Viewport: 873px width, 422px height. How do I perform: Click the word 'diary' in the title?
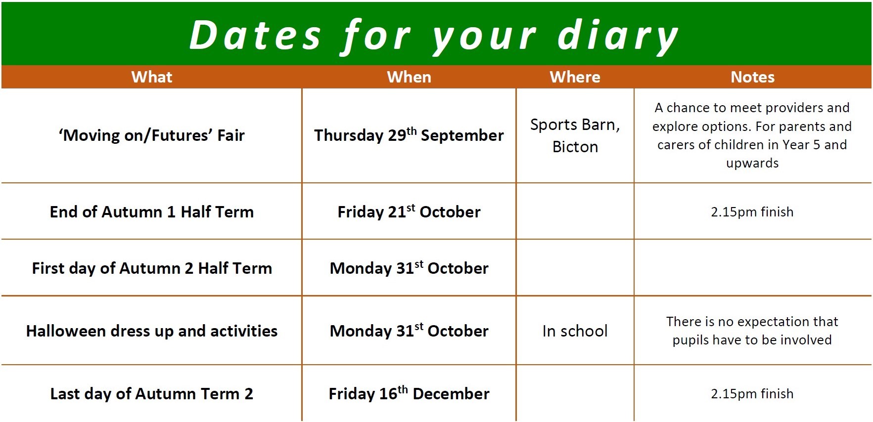tap(618, 36)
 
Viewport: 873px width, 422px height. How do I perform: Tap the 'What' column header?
tap(152, 77)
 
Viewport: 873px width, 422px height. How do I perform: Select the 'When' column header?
tap(409, 77)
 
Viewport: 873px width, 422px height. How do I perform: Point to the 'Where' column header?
tap(575, 77)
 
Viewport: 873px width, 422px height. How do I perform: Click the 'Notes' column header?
tap(752, 77)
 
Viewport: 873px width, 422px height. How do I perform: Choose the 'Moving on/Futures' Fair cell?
tap(152, 135)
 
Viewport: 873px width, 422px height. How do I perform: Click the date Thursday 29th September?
tap(409, 135)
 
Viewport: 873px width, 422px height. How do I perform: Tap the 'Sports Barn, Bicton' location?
tap(575, 135)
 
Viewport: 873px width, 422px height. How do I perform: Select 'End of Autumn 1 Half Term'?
tap(152, 212)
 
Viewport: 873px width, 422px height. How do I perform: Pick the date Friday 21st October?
tap(409, 211)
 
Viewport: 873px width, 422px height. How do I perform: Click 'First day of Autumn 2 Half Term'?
tap(152, 268)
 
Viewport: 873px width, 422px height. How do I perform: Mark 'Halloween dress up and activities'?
tap(152, 331)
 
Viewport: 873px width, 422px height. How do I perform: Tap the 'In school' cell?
tap(575, 331)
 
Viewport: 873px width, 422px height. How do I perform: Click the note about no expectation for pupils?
tap(752, 331)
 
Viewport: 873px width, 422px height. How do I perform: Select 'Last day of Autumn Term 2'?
tap(152, 394)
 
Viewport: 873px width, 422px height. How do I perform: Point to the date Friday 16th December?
tap(409, 393)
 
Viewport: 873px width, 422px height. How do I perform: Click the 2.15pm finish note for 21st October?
tap(752, 212)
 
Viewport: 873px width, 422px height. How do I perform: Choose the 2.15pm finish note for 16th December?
tap(752, 394)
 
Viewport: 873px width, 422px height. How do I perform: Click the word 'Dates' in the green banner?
tap(255, 36)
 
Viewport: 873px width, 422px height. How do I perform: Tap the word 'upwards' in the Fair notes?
tap(752, 164)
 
